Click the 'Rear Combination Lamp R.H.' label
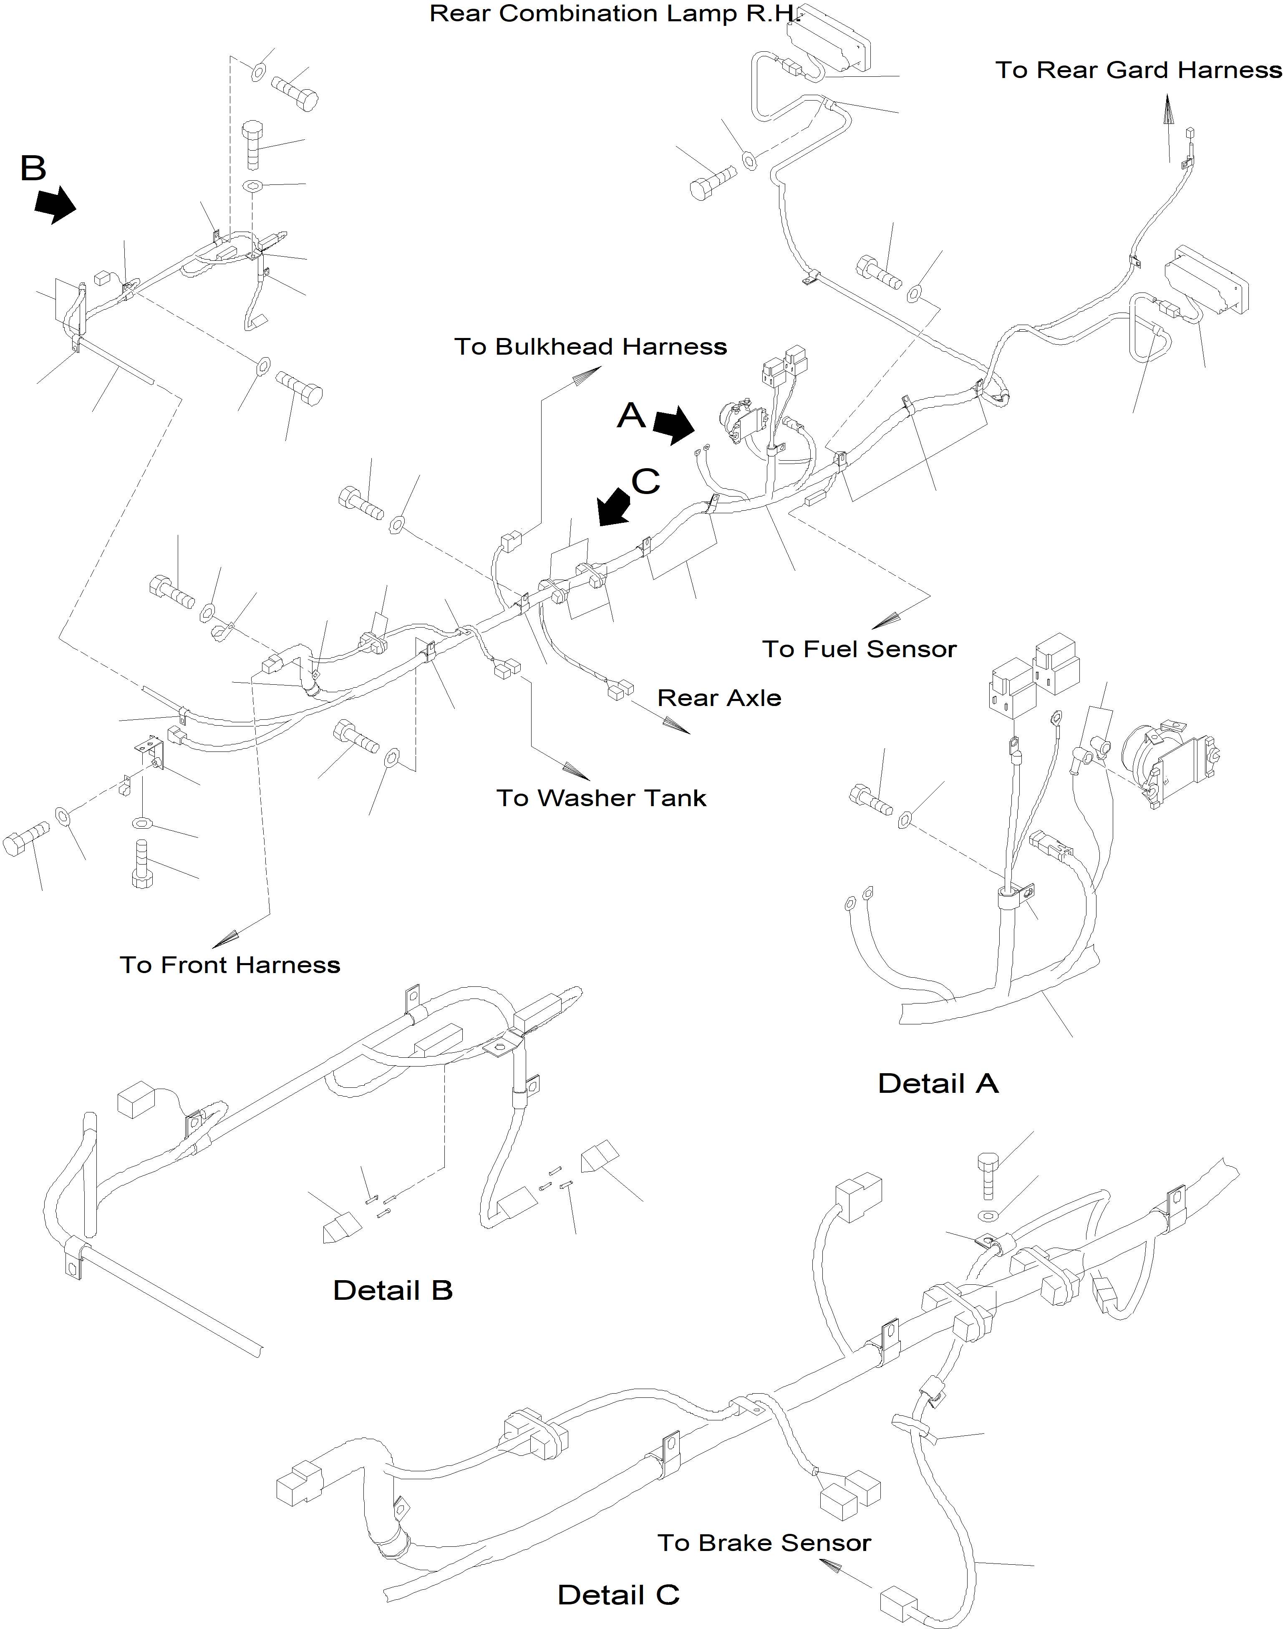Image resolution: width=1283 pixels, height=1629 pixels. [x=612, y=13]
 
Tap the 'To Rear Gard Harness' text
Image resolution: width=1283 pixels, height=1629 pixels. [x=1139, y=70]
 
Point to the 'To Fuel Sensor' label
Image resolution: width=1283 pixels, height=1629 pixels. [x=860, y=649]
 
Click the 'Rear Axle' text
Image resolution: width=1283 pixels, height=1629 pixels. [x=719, y=698]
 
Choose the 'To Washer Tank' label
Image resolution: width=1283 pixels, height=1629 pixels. [x=601, y=798]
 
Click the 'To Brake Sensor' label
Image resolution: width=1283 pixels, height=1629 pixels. [x=764, y=1543]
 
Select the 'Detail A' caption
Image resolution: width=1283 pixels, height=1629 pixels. [x=938, y=1084]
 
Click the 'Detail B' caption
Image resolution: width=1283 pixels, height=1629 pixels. [x=393, y=1290]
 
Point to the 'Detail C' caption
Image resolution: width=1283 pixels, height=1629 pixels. [x=618, y=1594]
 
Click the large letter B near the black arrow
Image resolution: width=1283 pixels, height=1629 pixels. [x=33, y=168]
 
